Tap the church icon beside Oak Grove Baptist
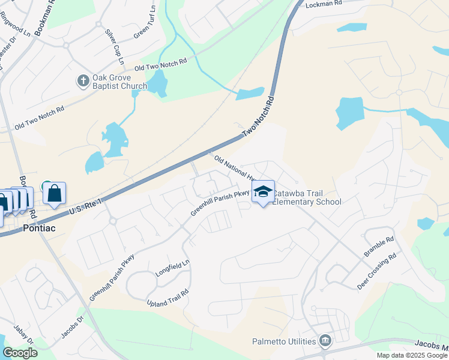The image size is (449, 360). tap(83, 79)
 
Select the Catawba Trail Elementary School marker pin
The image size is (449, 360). tap(263, 193)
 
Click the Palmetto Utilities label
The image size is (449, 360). tap(284, 342)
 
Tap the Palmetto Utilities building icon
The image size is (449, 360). tap(325, 341)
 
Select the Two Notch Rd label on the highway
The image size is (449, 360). tap(258, 118)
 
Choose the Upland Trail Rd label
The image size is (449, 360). tap(167, 298)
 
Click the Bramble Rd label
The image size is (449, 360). tap(379, 247)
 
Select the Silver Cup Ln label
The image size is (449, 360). tap(113, 46)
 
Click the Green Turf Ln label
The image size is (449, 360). tap(145, 23)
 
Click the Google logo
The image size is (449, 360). tap(20, 353)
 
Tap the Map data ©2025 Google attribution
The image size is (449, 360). tap(411, 355)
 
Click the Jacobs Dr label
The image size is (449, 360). tap(71, 328)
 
